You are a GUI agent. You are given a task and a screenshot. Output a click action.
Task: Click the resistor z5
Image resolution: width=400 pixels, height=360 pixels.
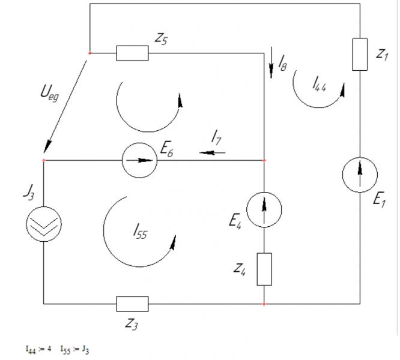click(132, 53)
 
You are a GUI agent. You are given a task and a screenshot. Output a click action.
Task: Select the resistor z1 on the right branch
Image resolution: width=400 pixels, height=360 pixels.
click(360, 54)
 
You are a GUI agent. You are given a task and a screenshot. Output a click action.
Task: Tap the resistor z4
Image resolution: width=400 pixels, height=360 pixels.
click(264, 269)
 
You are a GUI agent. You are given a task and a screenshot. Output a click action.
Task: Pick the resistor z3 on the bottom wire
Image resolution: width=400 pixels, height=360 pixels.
click(132, 304)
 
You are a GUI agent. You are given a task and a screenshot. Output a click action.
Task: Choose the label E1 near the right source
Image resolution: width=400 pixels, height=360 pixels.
click(379, 202)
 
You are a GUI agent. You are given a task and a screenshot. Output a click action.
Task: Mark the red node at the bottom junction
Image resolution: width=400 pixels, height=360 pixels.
click(264, 304)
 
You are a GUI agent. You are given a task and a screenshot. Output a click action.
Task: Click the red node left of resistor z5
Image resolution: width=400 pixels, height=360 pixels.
click(89, 53)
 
